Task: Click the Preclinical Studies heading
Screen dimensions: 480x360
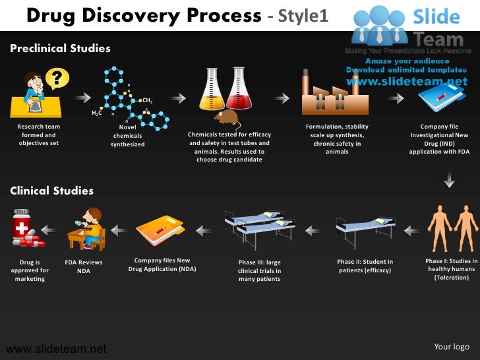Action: [x=60, y=48]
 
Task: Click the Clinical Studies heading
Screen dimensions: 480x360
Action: [x=51, y=191]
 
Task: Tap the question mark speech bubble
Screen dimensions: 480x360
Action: [x=57, y=78]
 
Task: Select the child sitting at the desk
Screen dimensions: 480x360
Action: [x=91, y=228]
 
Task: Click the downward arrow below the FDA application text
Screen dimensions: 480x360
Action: [x=449, y=179]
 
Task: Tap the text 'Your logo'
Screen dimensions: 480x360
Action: [x=452, y=347]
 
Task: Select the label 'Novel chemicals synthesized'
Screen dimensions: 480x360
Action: [x=127, y=135]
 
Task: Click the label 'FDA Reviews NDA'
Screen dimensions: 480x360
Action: [x=84, y=266]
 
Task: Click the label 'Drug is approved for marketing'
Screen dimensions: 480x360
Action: [x=30, y=270]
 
